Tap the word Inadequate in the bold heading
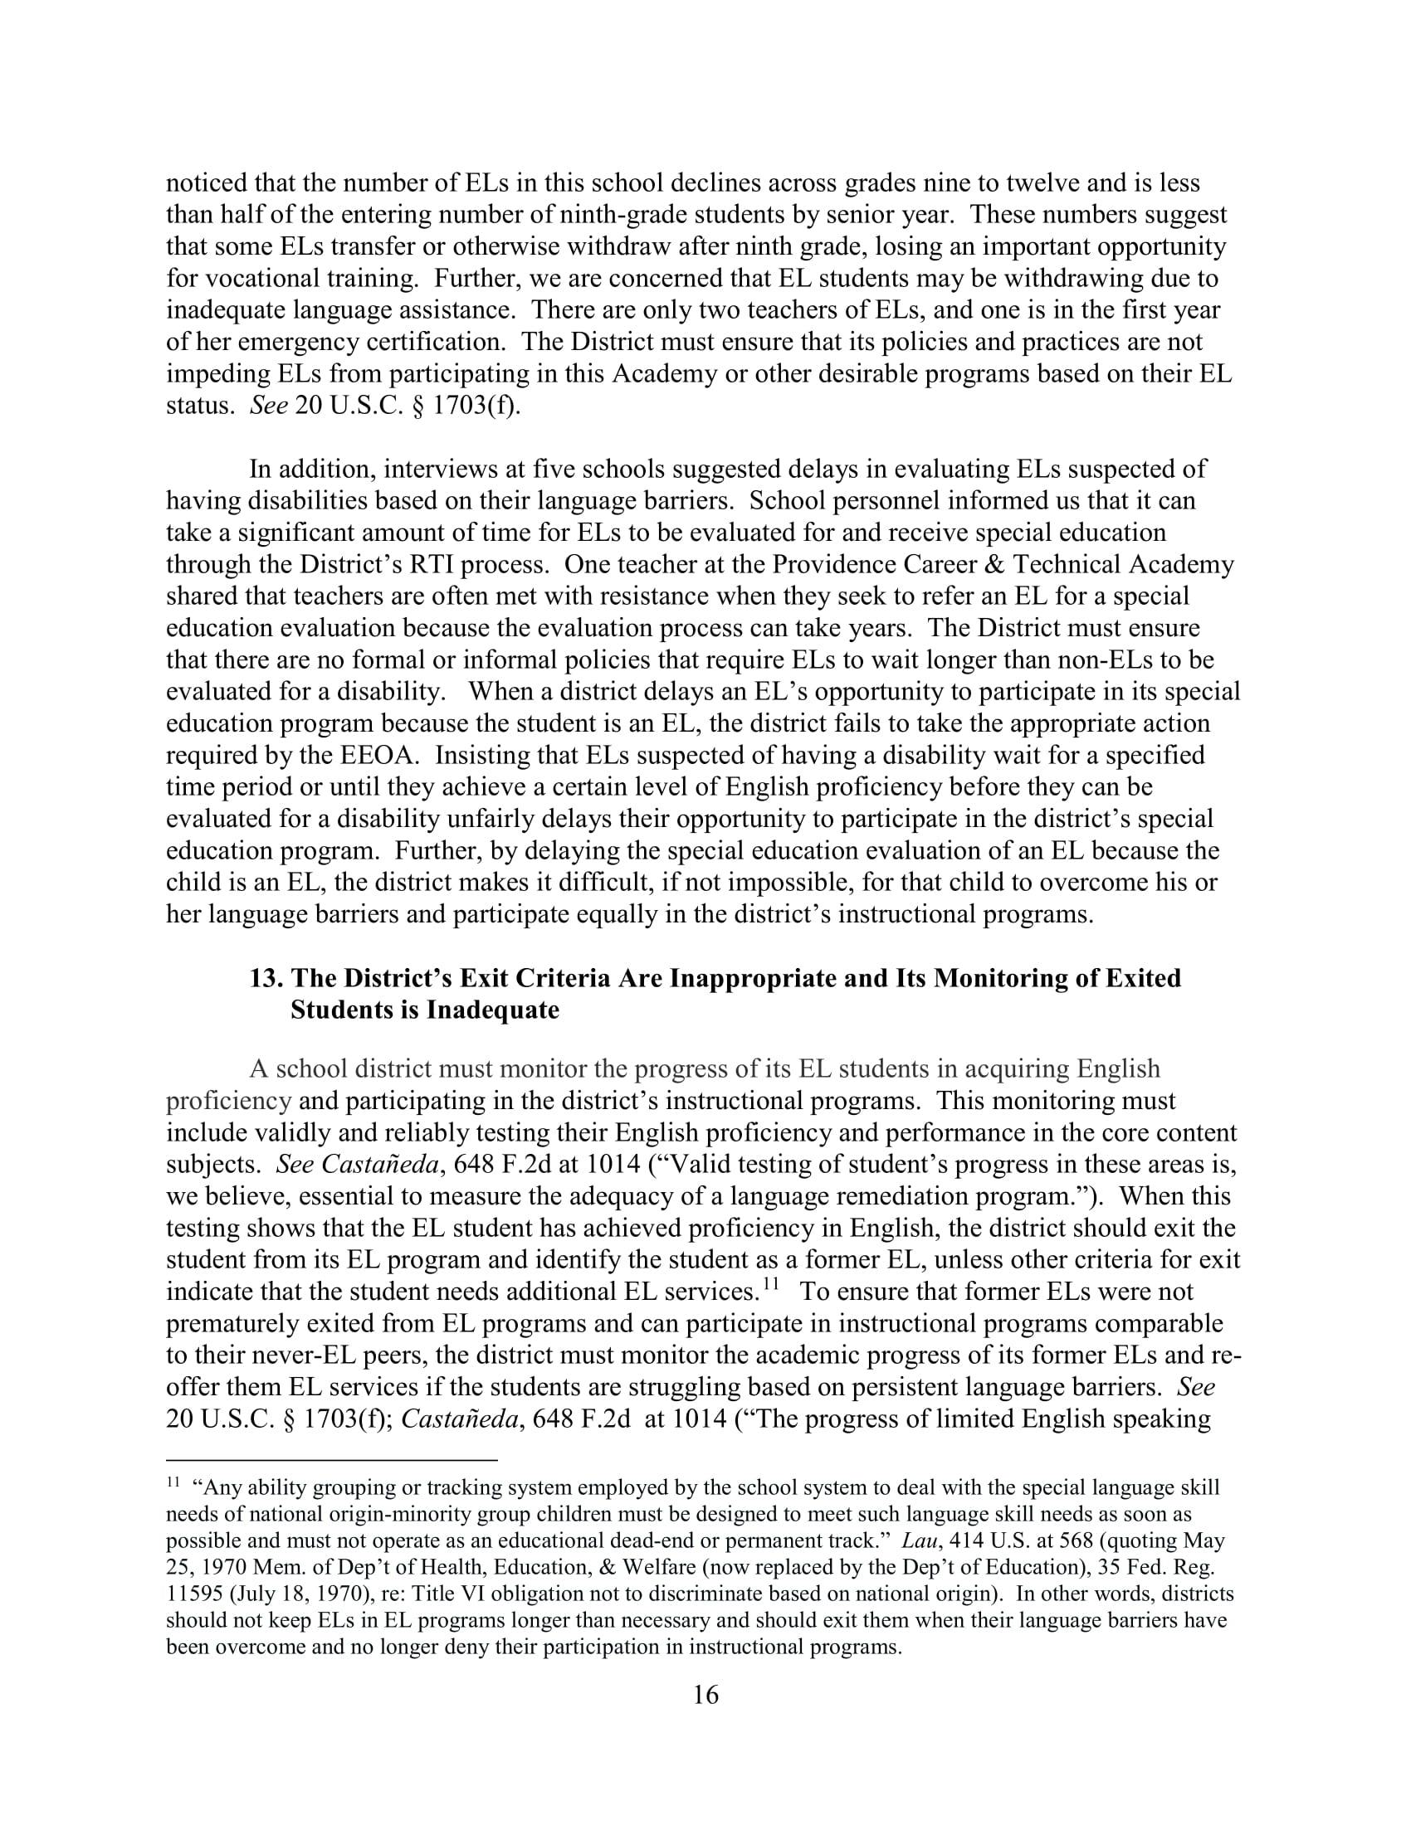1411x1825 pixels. [492, 1010]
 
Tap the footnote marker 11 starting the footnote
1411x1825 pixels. [173, 1484]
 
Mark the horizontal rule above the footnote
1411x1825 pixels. [331, 1461]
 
